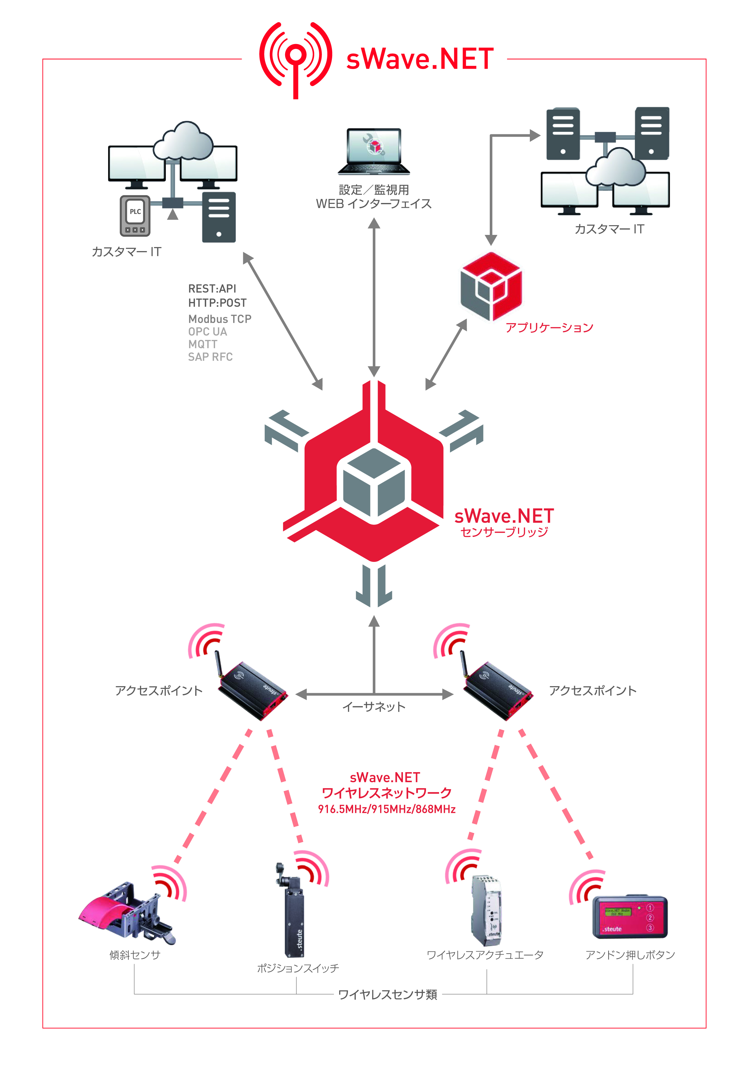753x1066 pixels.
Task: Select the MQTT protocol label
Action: [x=203, y=344]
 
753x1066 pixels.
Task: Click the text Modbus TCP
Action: [x=220, y=319]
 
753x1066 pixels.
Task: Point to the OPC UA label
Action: [x=207, y=332]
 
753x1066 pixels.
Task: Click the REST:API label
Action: [x=212, y=288]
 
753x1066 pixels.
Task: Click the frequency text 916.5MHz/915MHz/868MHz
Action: [x=387, y=809]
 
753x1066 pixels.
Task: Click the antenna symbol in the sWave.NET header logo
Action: [x=295, y=58]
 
